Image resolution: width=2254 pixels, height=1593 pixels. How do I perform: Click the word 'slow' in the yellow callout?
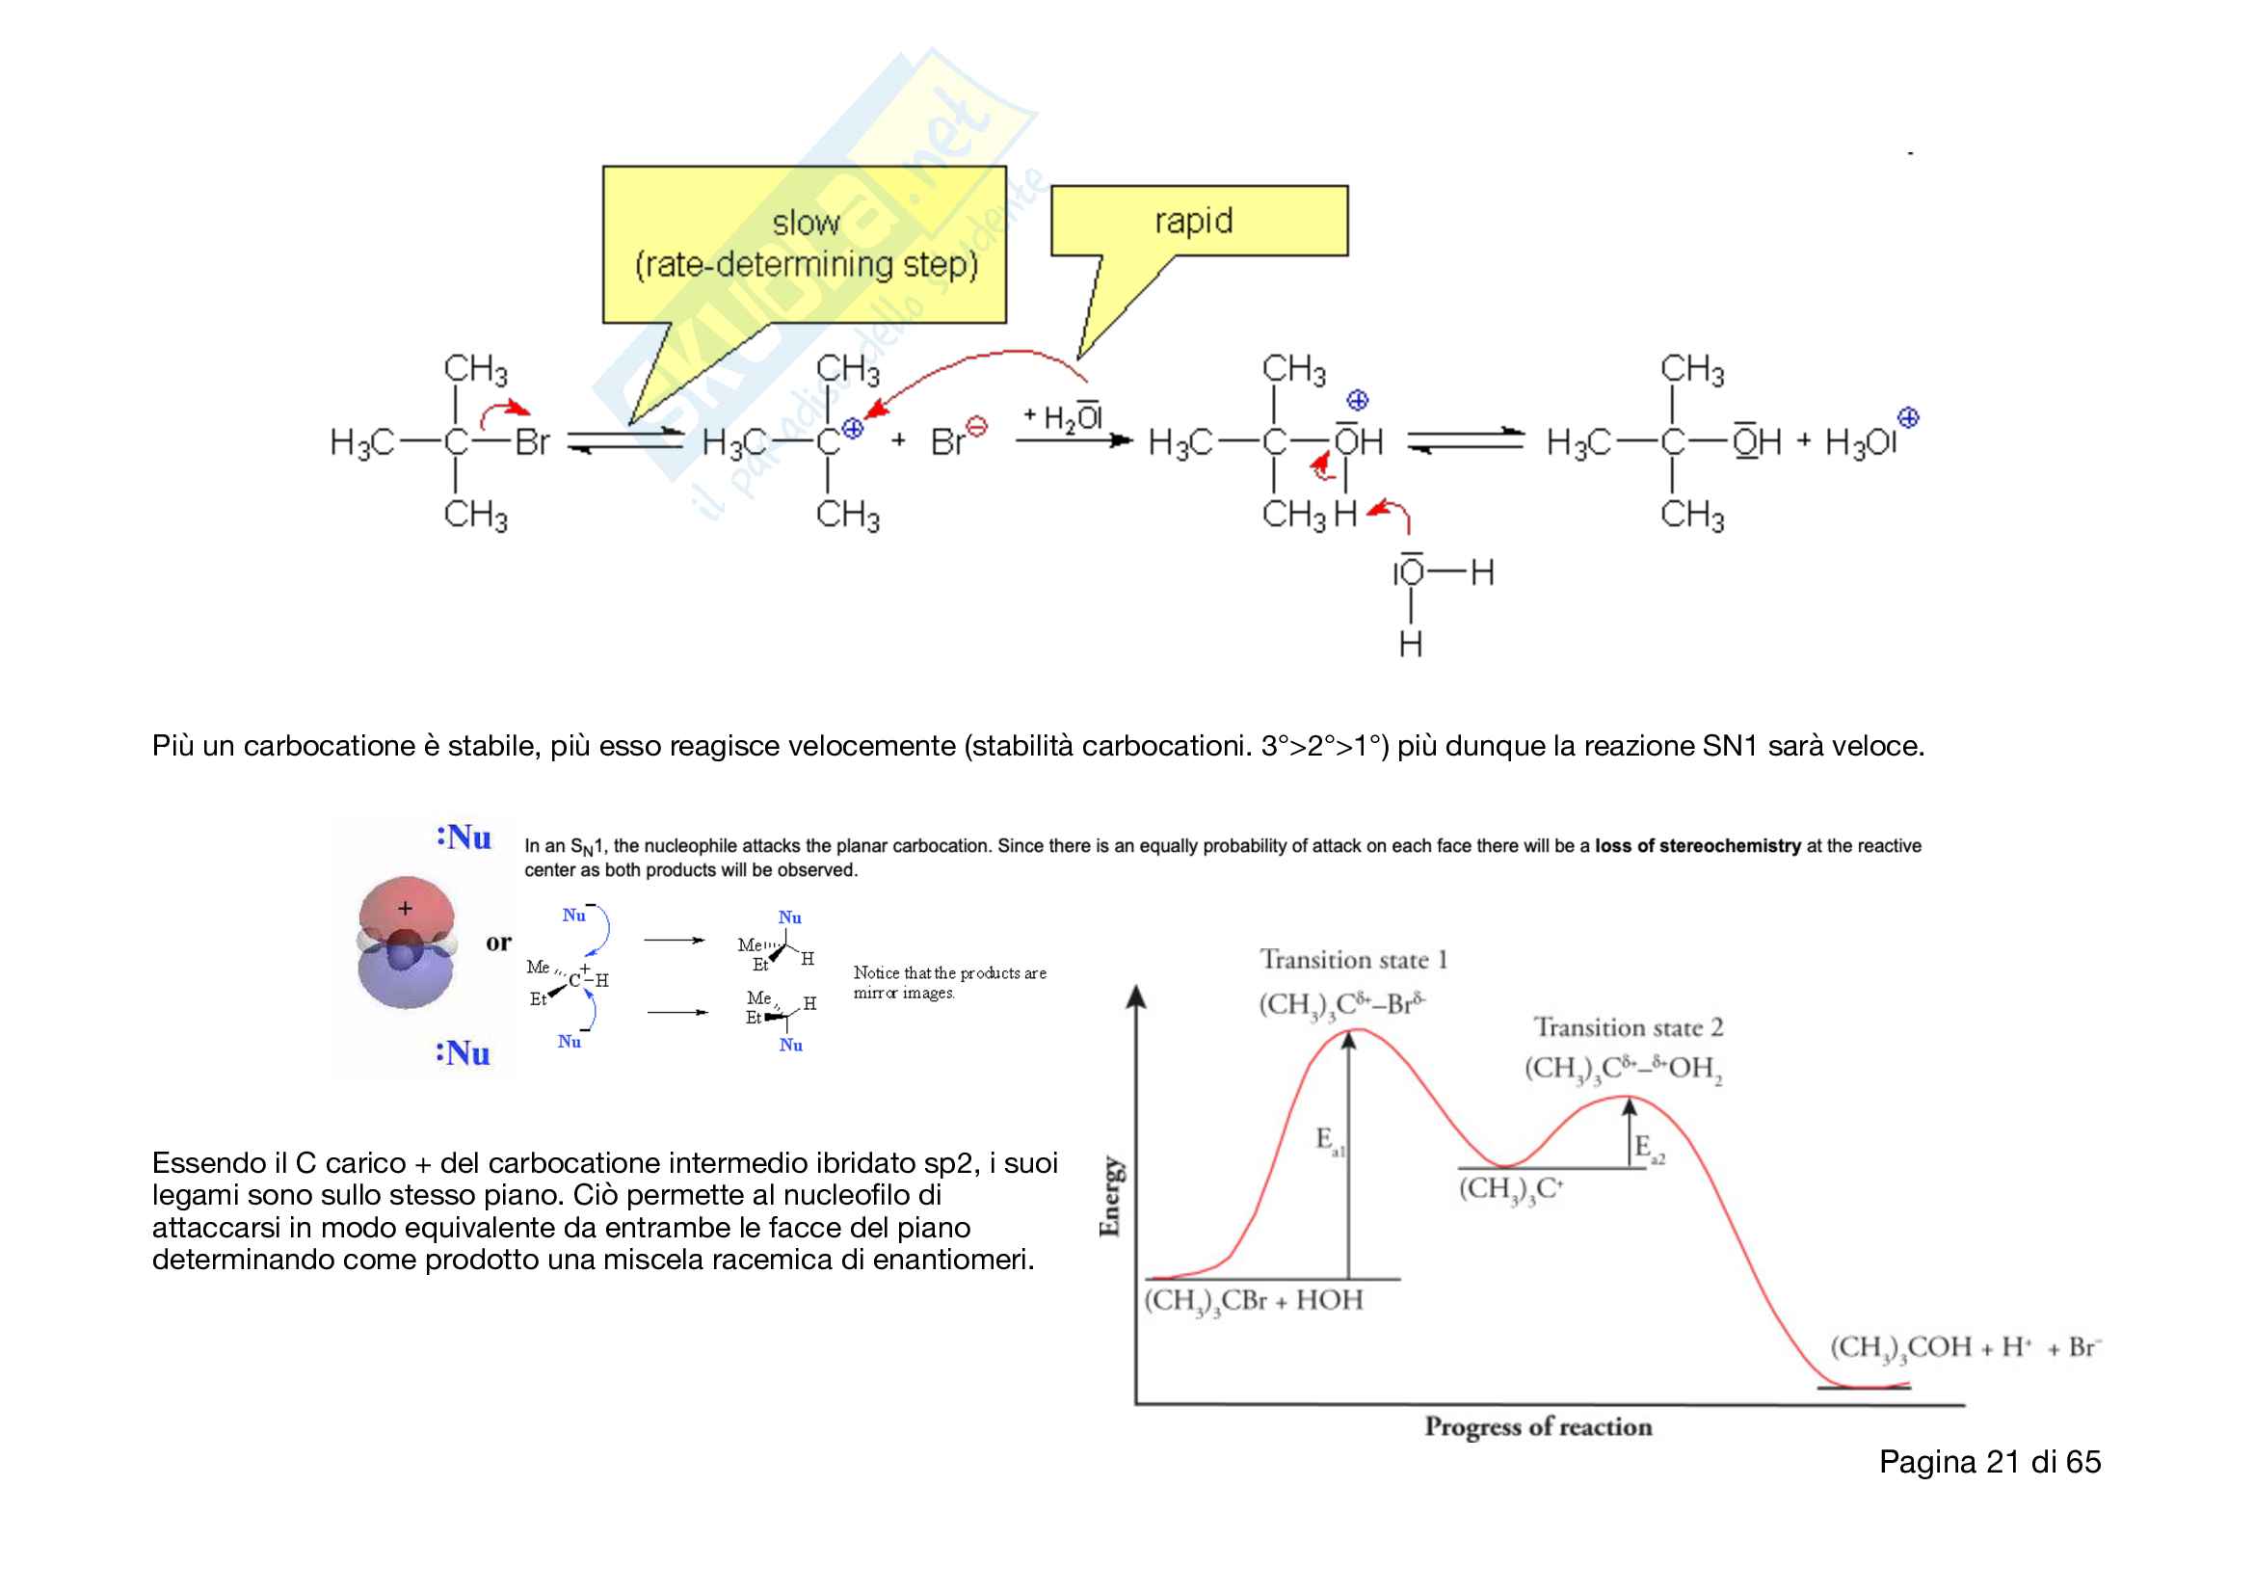coord(805,223)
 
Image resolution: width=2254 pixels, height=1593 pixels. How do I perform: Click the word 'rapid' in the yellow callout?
coord(1193,221)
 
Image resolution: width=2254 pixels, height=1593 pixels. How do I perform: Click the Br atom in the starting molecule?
coord(532,442)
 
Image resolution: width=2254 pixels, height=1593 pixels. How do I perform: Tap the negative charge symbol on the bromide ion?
coord(976,426)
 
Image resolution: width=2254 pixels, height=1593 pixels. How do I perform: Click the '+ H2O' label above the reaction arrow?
coord(1063,418)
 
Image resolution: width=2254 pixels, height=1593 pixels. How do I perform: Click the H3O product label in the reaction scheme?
coord(1859,442)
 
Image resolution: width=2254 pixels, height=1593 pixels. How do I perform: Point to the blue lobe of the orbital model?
coord(406,981)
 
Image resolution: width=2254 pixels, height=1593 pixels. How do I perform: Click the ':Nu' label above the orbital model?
coord(464,837)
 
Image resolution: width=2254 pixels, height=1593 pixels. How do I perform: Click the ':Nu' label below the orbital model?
coord(463,1053)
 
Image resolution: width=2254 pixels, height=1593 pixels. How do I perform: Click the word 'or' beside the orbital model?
coord(499,943)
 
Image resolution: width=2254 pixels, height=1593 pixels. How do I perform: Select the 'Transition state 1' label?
coord(1353,959)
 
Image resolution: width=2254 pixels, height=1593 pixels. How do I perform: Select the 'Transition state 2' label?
coord(1628,1027)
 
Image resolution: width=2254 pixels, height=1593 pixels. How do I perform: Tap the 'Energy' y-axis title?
coord(1110,1196)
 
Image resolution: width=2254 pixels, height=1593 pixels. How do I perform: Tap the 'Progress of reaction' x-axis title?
coord(1537,1426)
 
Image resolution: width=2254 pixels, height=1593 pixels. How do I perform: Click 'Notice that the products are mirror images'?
coord(948,983)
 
